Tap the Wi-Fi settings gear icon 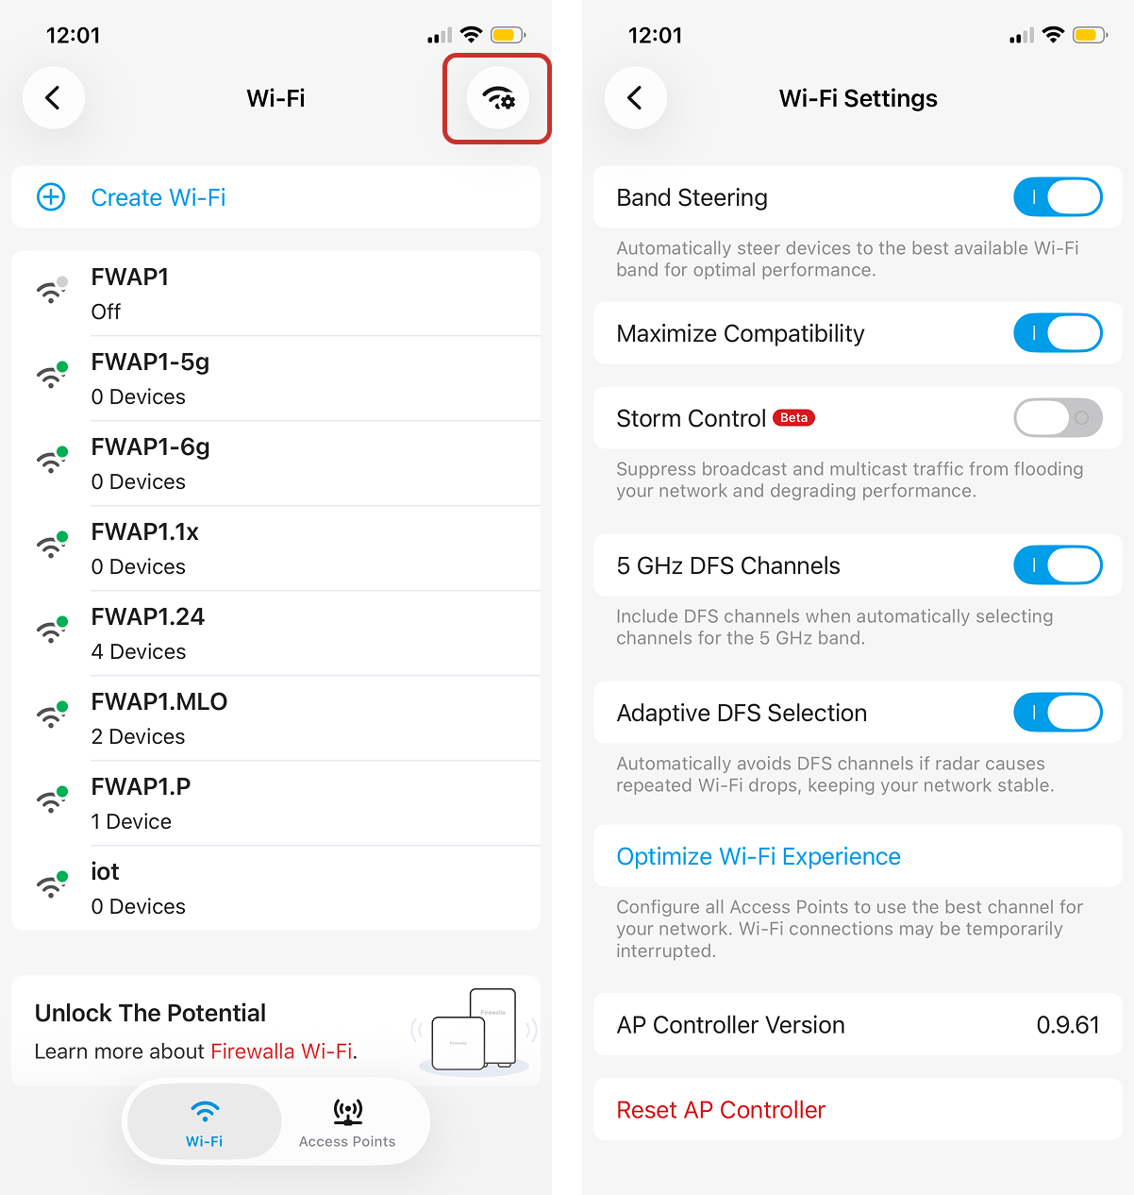click(498, 98)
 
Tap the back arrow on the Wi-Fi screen click(54, 98)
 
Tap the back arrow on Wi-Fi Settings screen click(635, 98)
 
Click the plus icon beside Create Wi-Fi click(51, 197)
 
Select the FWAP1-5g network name click(150, 362)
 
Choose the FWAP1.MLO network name click(159, 702)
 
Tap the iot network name click(105, 871)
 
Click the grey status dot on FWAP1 click(62, 281)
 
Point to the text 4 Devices click(139, 651)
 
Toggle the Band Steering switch click(1058, 197)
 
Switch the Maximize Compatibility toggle click(1058, 333)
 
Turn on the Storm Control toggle click(1058, 417)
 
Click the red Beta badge click(793, 418)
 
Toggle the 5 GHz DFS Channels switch click(1058, 565)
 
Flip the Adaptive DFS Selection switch click(1058, 713)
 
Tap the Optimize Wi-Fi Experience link click(758, 856)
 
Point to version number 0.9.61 click(1068, 1025)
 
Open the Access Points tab click(347, 1123)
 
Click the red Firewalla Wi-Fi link click(281, 1052)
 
